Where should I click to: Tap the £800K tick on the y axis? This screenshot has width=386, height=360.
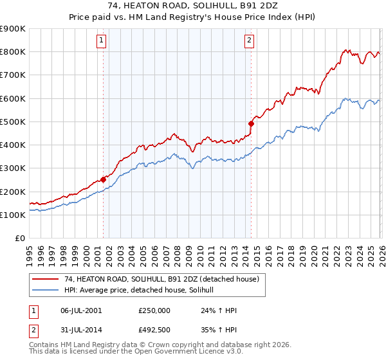pyautogui.click(x=13, y=51)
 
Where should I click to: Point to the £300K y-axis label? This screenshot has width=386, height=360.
pyautogui.click(x=13, y=168)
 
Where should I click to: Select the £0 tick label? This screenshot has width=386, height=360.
pyautogui.click(x=19, y=239)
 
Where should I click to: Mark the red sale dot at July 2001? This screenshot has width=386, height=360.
pyautogui.click(x=103, y=180)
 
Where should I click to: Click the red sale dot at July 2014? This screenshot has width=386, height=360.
pyautogui.click(x=251, y=123)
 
